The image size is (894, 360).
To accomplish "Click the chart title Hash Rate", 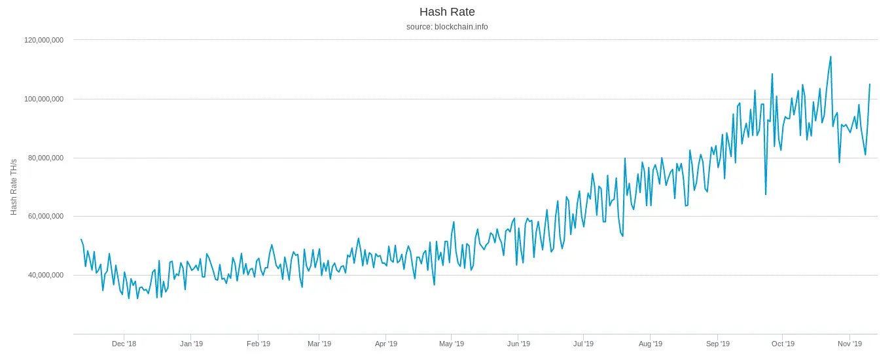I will (447, 12).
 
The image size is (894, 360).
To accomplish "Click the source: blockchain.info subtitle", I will (447, 27).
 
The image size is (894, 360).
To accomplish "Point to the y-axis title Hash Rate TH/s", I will (14, 187).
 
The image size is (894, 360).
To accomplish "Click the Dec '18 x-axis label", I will (124, 344).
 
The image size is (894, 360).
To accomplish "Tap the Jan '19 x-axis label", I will (192, 344).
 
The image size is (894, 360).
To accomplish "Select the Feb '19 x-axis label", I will (259, 344).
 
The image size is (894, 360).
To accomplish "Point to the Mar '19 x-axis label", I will (319, 344).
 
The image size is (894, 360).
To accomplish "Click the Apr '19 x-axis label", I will (386, 344).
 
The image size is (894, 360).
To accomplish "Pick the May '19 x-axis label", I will (452, 344).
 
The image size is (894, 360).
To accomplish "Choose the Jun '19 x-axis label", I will (518, 344).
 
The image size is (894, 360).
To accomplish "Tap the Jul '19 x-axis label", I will (583, 344).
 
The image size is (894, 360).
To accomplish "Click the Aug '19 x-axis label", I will (651, 344).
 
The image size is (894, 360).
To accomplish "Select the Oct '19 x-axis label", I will (783, 344).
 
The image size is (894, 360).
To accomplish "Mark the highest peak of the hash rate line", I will (831, 56).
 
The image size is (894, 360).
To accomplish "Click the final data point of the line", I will (870, 84).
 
